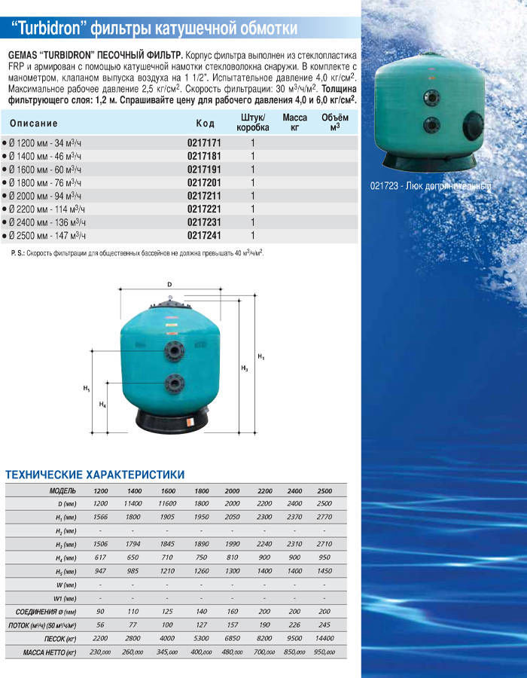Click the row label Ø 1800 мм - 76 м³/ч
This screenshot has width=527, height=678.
[45, 182]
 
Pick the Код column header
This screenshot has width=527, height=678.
[206, 124]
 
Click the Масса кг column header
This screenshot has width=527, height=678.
[294, 123]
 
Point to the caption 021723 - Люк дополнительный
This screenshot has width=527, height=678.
[430, 186]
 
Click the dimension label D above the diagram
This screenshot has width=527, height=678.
[170, 284]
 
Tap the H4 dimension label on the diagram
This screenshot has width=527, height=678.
[103, 405]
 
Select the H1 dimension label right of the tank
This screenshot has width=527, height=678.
[260, 356]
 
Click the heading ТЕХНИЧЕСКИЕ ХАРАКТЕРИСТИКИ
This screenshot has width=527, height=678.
[95, 475]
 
